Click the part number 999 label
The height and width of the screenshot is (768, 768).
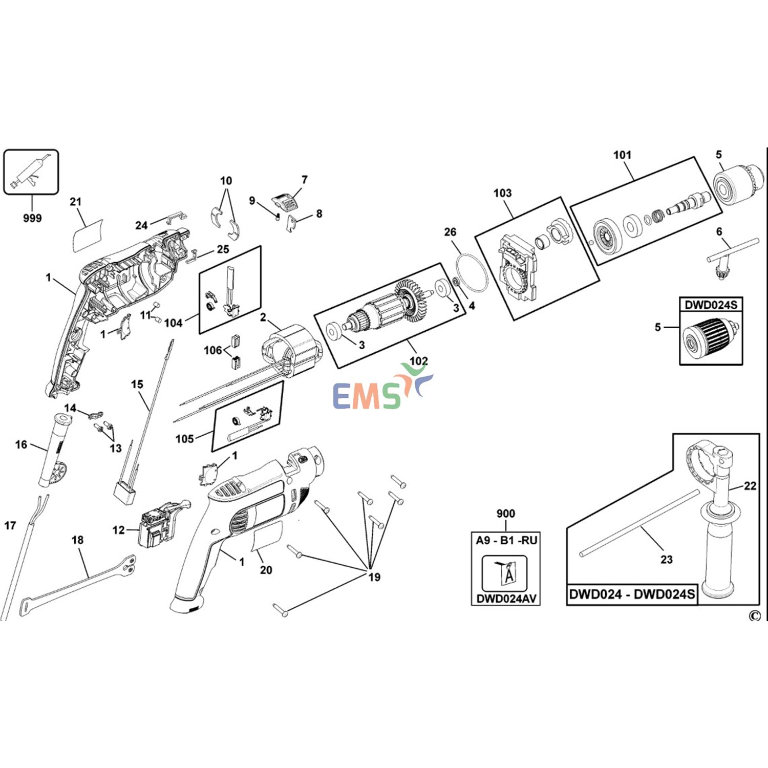32,218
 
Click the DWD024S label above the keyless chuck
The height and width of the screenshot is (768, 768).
711,305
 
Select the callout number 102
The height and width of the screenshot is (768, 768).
418,361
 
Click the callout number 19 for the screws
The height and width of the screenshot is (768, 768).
374,577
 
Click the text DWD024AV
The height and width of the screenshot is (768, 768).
506,599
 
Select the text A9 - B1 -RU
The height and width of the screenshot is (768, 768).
506,541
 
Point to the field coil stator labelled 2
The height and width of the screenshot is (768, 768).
292,353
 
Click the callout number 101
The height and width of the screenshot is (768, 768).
622,155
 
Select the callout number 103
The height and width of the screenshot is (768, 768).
502,193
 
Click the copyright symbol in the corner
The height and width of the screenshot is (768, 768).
754,616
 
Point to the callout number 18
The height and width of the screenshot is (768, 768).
77,540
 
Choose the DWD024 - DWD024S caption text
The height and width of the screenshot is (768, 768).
632,594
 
